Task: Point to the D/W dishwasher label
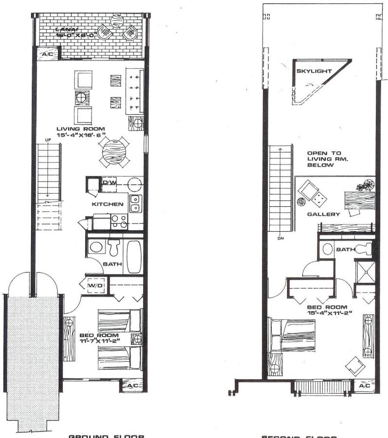[109, 183]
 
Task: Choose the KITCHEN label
[108, 204]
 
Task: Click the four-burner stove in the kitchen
[119, 221]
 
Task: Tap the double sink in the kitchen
[136, 203]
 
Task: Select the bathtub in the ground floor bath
[134, 256]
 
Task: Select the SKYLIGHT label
[314, 71]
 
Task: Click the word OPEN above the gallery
[317, 153]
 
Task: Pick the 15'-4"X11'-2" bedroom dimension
[327, 313]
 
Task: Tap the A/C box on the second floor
[363, 385]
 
